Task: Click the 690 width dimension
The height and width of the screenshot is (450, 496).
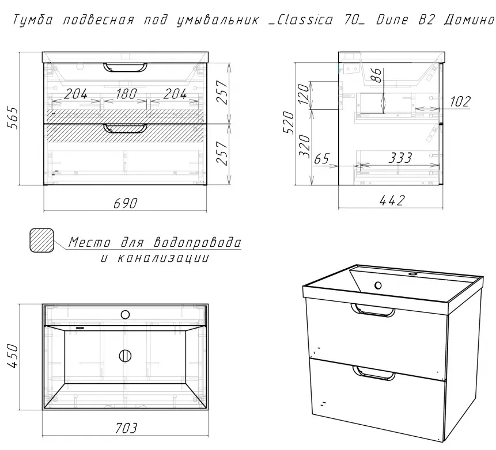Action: click(x=126, y=203)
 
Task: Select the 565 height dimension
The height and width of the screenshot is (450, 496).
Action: click(x=14, y=117)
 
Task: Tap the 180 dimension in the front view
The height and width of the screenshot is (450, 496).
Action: click(x=126, y=94)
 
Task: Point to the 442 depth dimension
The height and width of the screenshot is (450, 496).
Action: click(x=392, y=200)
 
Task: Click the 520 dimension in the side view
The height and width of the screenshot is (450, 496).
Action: click(x=289, y=123)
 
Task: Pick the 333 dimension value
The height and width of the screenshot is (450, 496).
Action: click(x=400, y=157)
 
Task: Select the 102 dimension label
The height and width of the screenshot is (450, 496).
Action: click(x=460, y=102)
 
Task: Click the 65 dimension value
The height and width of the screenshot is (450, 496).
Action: click(x=321, y=159)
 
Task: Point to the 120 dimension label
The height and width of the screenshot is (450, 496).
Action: click(x=304, y=94)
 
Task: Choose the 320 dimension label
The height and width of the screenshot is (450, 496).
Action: click(x=305, y=146)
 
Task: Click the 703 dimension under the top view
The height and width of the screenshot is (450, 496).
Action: click(x=126, y=428)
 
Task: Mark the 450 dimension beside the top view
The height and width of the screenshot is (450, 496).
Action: click(x=14, y=356)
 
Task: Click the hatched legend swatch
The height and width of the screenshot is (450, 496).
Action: click(x=41, y=241)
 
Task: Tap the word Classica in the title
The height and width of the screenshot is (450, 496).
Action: click(x=305, y=20)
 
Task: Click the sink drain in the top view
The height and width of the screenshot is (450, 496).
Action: click(x=125, y=356)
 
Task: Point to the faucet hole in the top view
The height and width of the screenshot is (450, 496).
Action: click(x=125, y=314)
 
